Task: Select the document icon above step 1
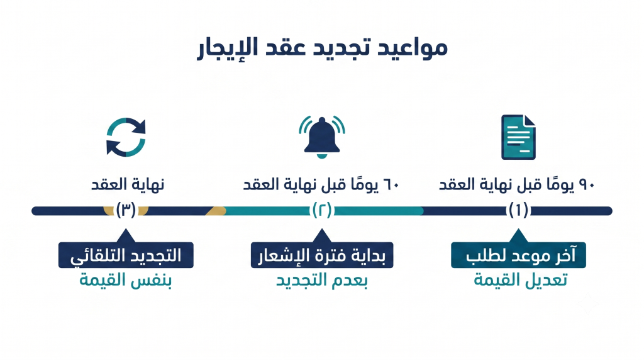point(518,137)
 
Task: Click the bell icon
point(322,137)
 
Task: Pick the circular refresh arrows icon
point(126,137)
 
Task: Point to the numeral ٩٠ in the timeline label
point(587,185)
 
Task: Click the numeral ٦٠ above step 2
point(391,185)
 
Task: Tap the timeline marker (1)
point(518,210)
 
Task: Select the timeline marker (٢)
point(322,210)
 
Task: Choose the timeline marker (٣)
point(126,210)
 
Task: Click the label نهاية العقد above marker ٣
point(128,184)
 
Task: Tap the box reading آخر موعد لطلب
point(518,255)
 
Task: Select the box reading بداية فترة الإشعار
point(322,255)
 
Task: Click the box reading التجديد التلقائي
point(126,255)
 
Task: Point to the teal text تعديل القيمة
point(520,280)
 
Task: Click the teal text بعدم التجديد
point(322,281)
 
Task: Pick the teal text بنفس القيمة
point(126,281)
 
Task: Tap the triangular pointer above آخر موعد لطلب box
point(518,236)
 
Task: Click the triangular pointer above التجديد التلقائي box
point(126,236)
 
